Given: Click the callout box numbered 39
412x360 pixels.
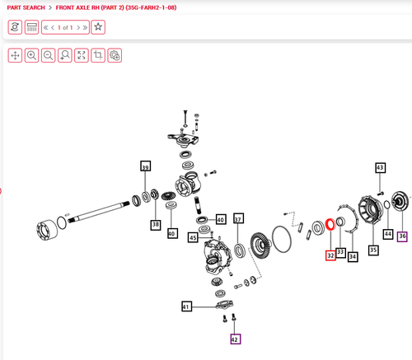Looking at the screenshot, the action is pyautogui.click(x=145, y=166).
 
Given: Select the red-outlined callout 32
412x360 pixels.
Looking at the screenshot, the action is pyautogui.click(x=330, y=255).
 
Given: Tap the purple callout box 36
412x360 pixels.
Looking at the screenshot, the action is pyautogui.click(x=402, y=236).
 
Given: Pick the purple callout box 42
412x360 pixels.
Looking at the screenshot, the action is pyautogui.click(x=236, y=339).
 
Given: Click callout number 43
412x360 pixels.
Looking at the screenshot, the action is pyautogui.click(x=380, y=168).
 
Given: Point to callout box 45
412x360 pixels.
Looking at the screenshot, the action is pyautogui.click(x=193, y=237).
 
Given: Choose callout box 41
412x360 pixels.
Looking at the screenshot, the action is pyautogui.click(x=186, y=306).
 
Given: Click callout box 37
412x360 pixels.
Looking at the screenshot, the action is pyautogui.click(x=238, y=218).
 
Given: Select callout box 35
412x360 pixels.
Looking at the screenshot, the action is pyautogui.click(x=373, y=250).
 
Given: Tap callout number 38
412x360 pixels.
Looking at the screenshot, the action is pyautogui.click(x=156, y=225).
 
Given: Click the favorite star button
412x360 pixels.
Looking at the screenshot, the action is pyautogui.click(x=98, y=27).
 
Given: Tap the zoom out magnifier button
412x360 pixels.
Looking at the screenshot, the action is pyautogui.click(x=49, y=55).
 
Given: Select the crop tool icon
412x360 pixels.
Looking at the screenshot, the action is pyautogui.click(x=98, y=55).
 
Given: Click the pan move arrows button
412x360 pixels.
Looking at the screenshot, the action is pyautogui.click(x=15, y=55).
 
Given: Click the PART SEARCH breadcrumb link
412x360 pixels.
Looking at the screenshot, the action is pyautogui.click(x=26, y=7).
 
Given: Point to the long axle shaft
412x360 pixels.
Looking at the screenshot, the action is pyautogui.click(x=99, y=212).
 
